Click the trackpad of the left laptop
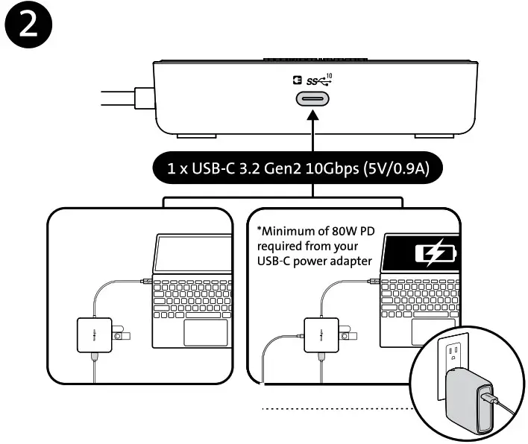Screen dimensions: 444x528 [x=207, y=334]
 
